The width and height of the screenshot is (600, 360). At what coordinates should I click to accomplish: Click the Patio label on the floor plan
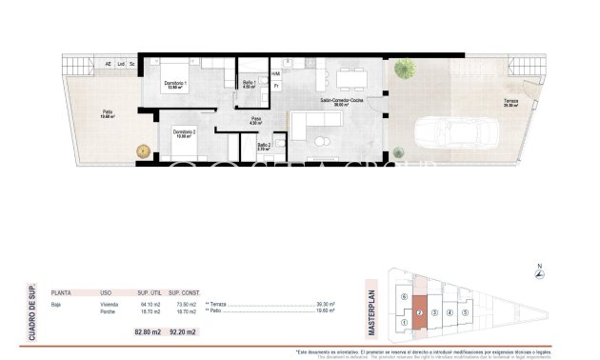pos(108,114)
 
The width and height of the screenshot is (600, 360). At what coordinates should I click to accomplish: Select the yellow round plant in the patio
pos(143,150)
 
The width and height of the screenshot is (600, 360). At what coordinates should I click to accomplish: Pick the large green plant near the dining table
pos(407,69)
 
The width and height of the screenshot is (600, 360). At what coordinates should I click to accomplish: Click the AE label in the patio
pos(108,64)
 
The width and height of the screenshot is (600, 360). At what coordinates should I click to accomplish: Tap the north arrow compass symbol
pos(540,274)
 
